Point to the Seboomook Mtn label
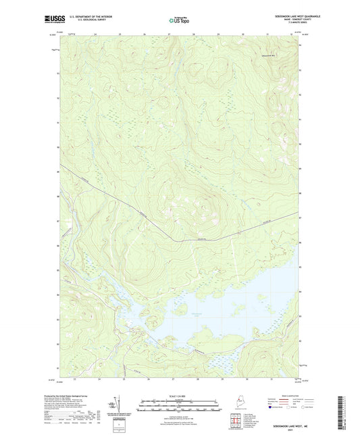pos(268,55)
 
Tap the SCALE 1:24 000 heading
pos(180,396)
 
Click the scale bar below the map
pos(180,407)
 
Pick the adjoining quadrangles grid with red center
pos(235,424)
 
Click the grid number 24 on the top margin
pos(96,32)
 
